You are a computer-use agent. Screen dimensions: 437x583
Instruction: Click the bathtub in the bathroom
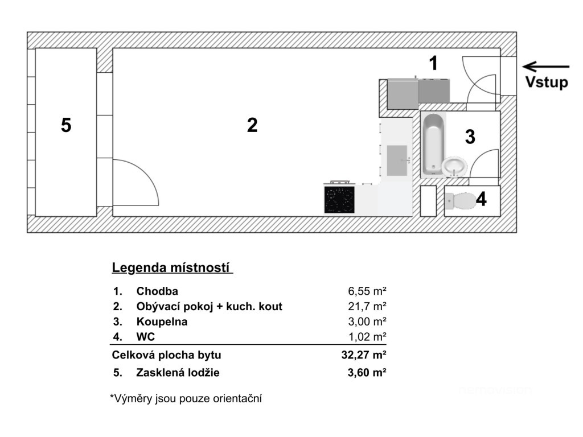pos(433,144)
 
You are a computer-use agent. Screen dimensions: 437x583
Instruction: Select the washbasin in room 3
pos(454,167)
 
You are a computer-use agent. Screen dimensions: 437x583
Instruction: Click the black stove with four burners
pos(339,200)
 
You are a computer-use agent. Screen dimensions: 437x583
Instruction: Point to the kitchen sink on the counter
pos(397,160)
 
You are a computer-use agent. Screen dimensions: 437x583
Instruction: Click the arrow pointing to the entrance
pos(545,67)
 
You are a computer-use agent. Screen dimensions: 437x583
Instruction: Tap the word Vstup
pos(546,83)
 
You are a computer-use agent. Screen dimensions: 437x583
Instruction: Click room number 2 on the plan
pos(252,125)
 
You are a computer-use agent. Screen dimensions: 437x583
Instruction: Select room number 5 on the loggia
pos(66,125)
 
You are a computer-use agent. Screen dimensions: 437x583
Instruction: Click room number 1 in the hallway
pos(433,63)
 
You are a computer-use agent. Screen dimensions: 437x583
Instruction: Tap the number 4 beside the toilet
pos(481,200)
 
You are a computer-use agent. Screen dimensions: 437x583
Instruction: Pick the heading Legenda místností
pos(172,267)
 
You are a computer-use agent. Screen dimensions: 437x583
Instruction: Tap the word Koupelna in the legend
pos(162,321)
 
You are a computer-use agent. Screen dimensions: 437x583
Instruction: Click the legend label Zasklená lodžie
pos(178,373)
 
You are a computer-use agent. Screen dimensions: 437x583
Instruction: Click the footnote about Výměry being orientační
pos(185,399)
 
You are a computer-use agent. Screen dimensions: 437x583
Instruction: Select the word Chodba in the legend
pos(157,291)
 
